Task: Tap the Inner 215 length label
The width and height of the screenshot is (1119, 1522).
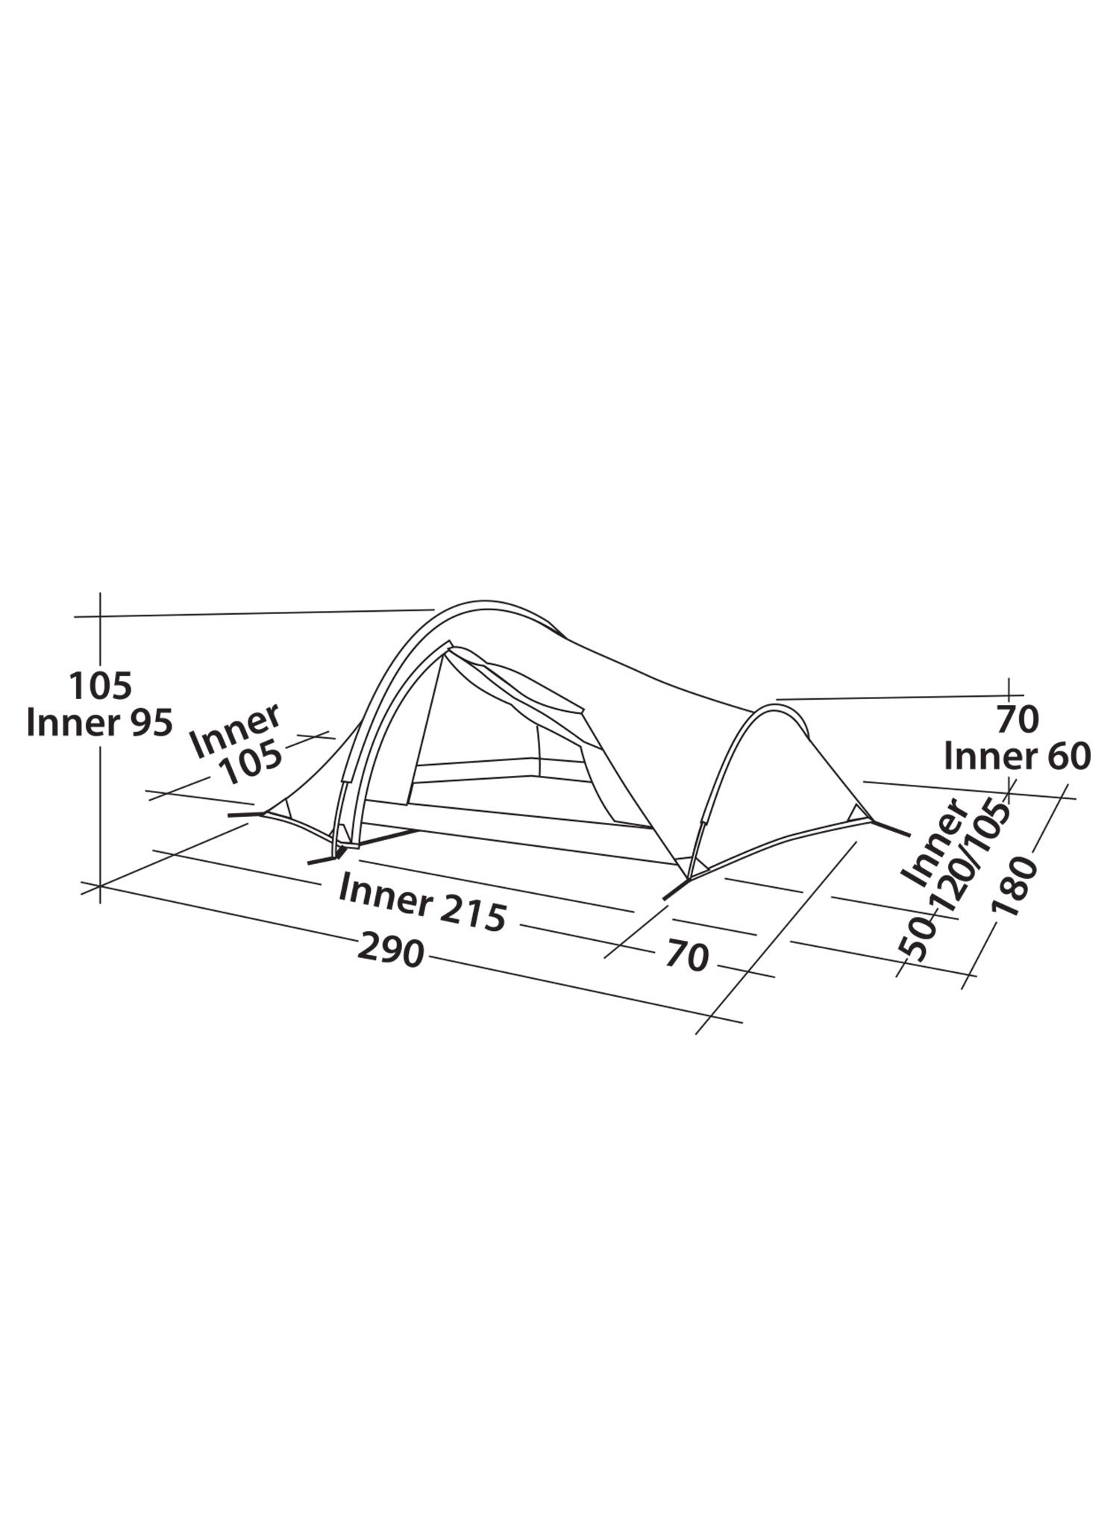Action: click(423, 902)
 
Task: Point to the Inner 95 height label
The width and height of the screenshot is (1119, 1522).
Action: click(99, 721)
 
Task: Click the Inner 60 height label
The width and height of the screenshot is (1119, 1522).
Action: click(1017, 757)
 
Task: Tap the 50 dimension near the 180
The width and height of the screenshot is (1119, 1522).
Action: click(918, 939)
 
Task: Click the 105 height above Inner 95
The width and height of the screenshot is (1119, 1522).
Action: click(100, 685)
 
